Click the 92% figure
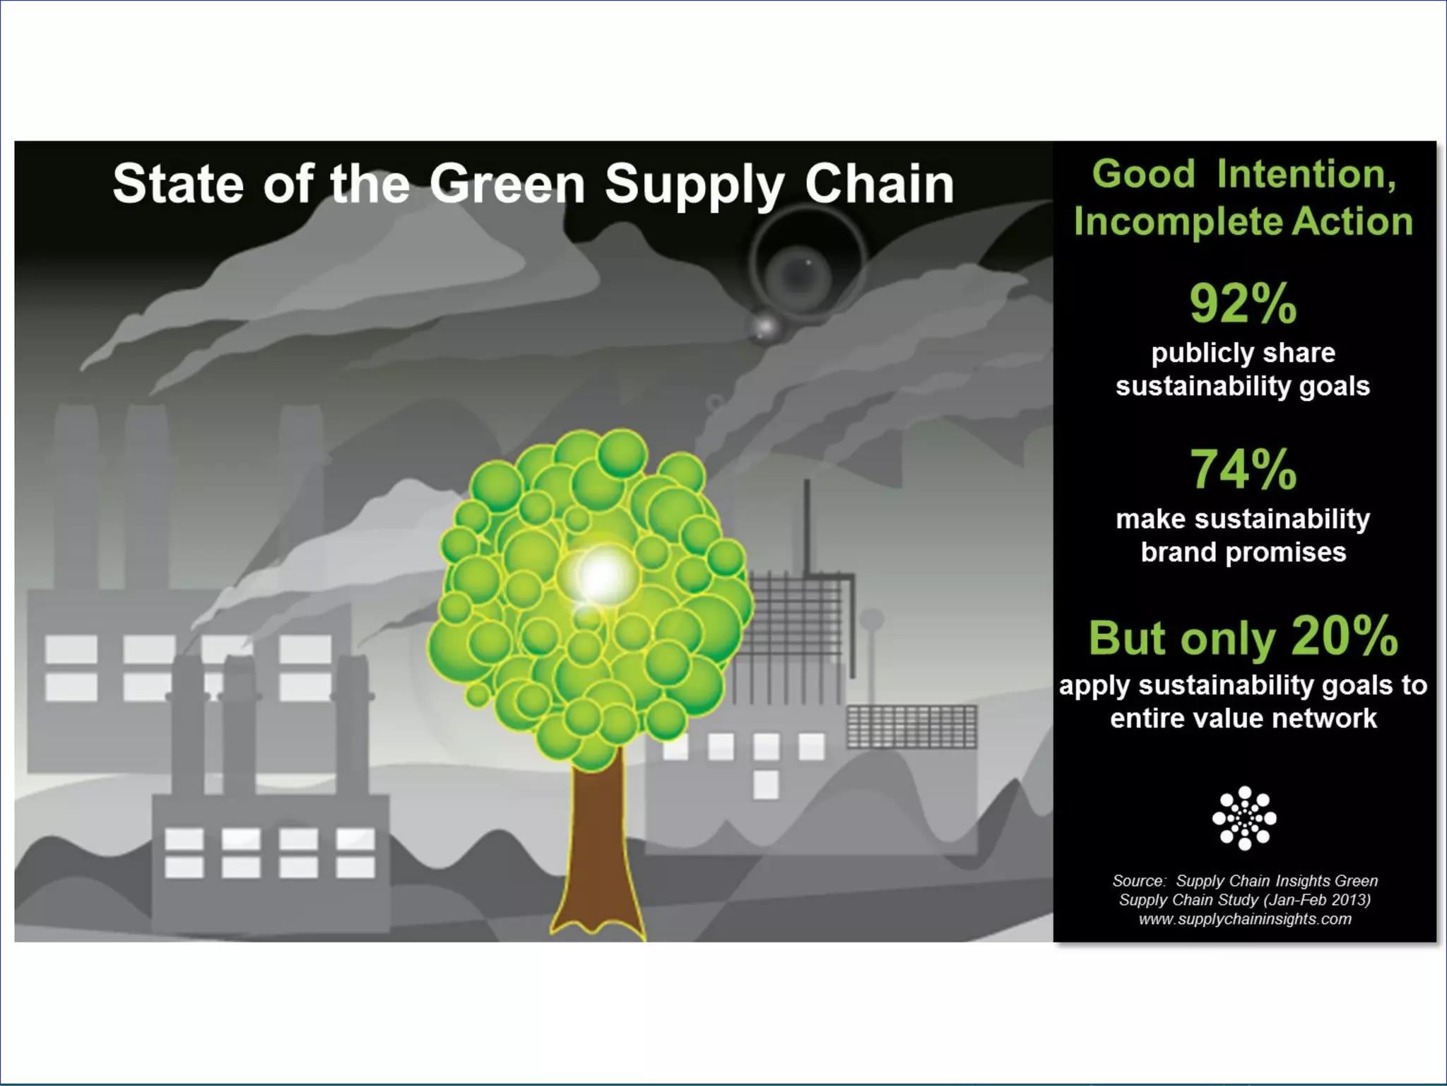1243,304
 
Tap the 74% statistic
1243,469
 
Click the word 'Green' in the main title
507,184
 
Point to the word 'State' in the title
178,184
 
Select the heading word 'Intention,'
1306,174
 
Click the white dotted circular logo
1244,818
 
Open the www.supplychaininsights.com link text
1244,919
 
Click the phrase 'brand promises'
1243,552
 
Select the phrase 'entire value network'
1243,718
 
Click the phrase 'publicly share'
1243,353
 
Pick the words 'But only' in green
1182,638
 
